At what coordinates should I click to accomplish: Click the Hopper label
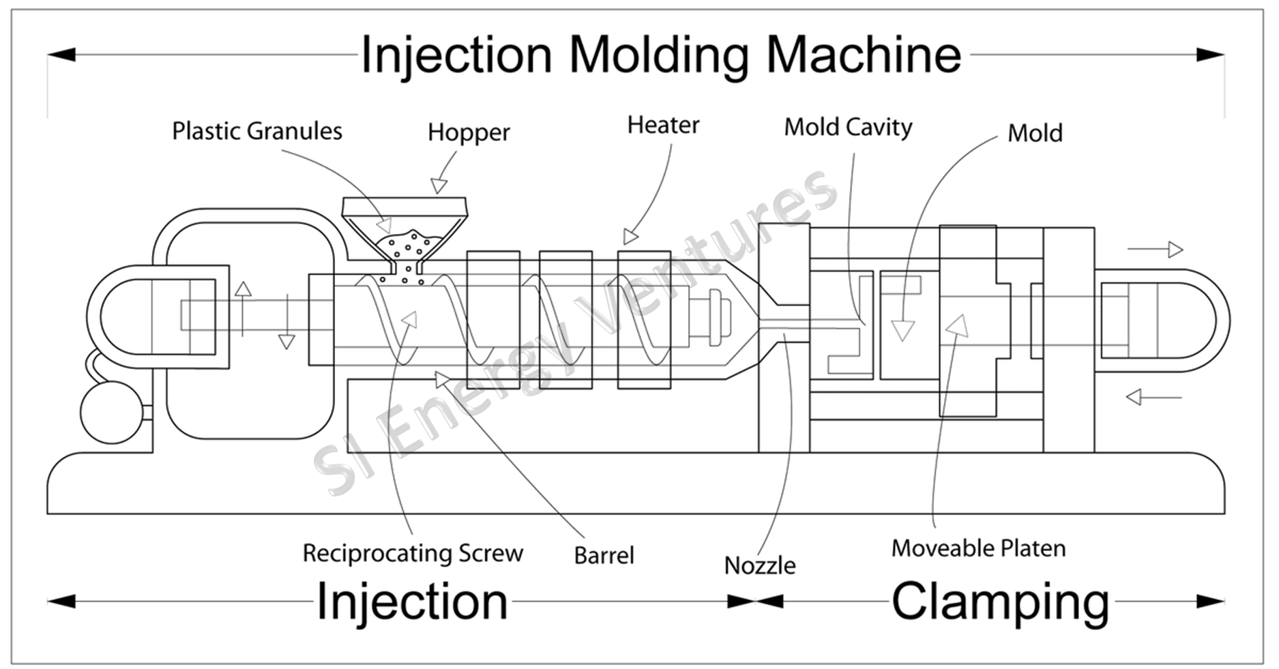tap(469, 133)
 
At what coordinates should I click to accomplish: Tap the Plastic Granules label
tap(257, 130)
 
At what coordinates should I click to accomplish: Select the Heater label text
tap(663, 125)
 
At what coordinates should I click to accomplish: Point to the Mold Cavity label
tap(848, 128)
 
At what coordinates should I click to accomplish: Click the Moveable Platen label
tap(978, 548)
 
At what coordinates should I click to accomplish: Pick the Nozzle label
tap(760, 565)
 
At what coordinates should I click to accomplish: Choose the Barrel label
tap(604, 555)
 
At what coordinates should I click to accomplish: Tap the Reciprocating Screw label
tap(413, 553)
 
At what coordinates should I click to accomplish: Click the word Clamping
tap(1000, 602)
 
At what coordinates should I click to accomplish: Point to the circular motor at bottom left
tap(112, 413)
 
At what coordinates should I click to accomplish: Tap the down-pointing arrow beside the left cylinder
tap(287, 321)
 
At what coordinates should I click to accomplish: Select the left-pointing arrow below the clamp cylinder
tap(1153, 396)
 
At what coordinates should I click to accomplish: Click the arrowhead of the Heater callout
tap(630, 237)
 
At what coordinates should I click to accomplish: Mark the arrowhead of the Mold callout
tap(902, 331)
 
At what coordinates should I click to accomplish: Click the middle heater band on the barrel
tap(565, 320)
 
